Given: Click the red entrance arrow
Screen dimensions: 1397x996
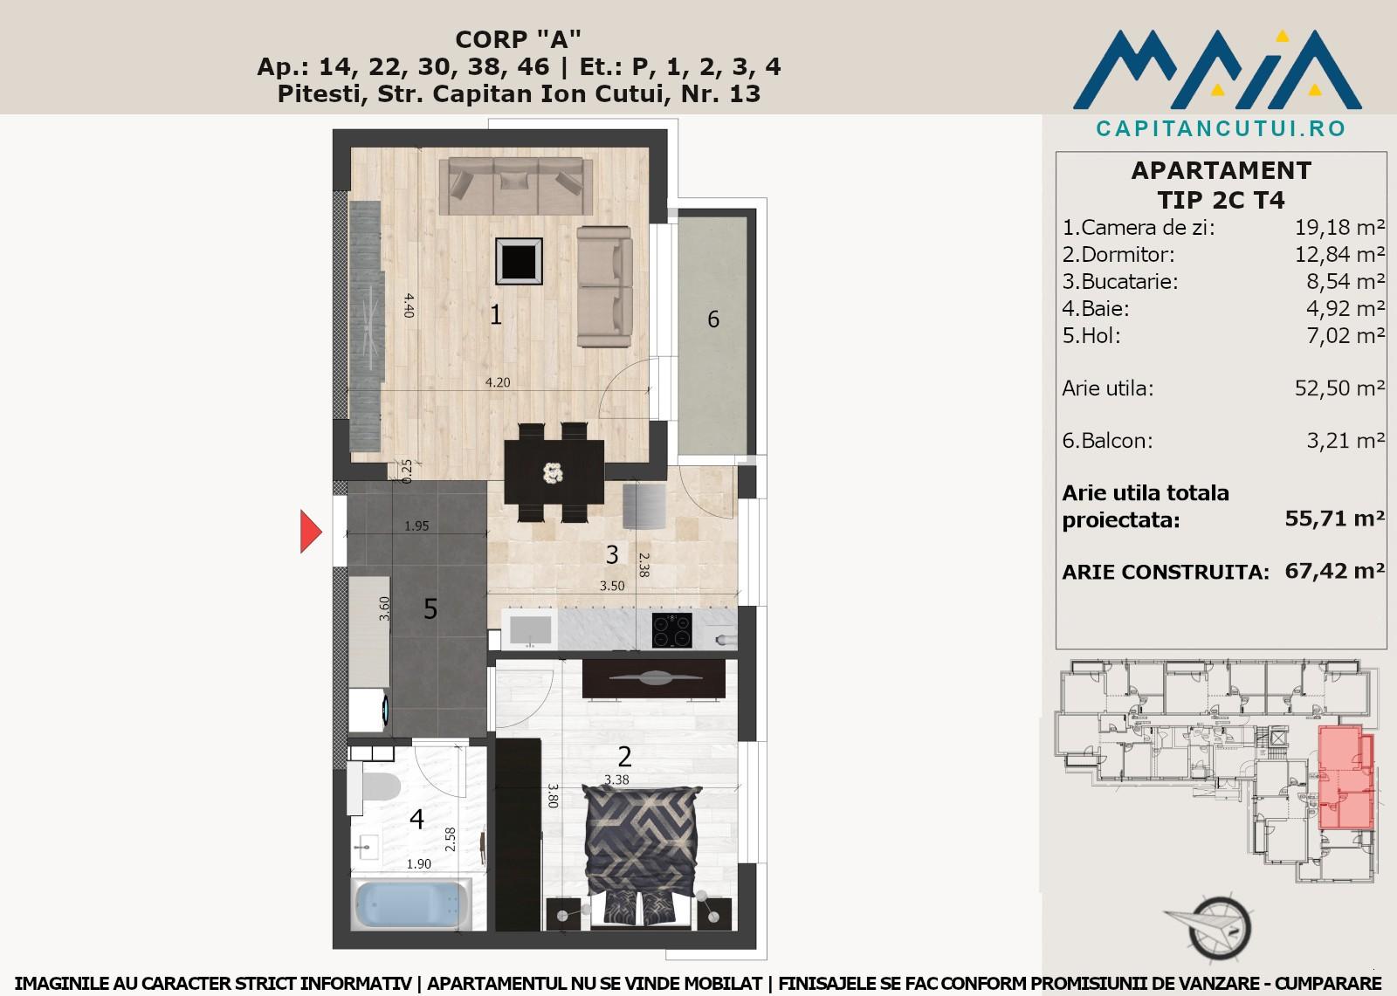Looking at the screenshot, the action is click(x=310, y=532).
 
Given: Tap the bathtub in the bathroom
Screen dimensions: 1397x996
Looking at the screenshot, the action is click(x=411, y=903).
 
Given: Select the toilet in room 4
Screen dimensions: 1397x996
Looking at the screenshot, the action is click(x=375, y=787).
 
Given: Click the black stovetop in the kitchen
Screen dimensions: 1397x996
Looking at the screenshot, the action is click(x=671, y=630).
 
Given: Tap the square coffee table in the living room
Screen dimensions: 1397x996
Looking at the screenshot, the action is click(x=519, y=261).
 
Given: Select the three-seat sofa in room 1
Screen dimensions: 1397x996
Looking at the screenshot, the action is click(x=516, y=185).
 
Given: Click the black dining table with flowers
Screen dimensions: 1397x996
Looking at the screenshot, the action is click(x=554, y=472).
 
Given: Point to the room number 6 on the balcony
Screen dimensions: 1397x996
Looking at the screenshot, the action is click(x=713, y=319).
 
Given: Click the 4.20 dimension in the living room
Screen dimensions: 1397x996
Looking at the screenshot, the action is click(x=498, y=382).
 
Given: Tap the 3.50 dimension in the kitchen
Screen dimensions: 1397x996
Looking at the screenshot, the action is click(x=612, y=586).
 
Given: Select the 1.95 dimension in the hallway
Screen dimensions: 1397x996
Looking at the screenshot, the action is click(x=416, y=525).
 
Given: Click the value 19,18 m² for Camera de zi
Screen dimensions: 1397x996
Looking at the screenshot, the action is click(x=1339, y=227).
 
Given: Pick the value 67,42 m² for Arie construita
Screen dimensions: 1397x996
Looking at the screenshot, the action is click(x=1335, y=571).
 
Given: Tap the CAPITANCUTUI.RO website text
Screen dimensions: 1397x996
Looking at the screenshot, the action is click(x=1221, y=128).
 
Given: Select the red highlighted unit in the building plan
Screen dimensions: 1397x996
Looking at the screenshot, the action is click(x=1345, y=777).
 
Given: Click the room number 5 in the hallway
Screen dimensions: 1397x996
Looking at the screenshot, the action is click(x=430, y=608).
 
